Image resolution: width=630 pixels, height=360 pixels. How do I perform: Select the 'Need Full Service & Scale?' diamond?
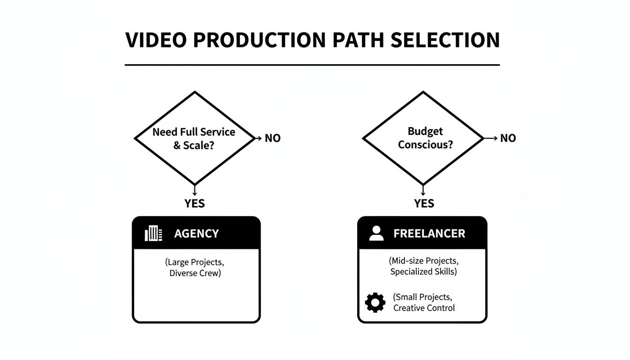[x=194, y=138]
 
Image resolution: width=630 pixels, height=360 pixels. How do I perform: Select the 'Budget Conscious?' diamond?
[x=423, y=138]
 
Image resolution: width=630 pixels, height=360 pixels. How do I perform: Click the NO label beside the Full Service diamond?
[x=273, y=138]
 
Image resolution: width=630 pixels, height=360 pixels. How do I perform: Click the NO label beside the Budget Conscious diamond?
[x=508, y=138]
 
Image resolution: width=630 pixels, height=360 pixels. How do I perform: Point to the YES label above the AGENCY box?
[x=194, y=203]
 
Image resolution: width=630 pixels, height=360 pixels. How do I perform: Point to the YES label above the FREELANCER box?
[x=424, y=203]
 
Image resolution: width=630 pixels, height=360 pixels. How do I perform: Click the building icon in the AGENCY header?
[x=153, y=233]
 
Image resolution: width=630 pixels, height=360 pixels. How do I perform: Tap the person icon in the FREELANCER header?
[x=376, y=233]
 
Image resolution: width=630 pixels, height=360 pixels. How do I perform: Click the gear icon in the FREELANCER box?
[x=375, y=303]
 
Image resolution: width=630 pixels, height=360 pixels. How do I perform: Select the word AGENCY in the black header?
[x=196, y=233]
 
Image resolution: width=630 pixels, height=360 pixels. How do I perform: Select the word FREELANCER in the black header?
[x=429, y=233]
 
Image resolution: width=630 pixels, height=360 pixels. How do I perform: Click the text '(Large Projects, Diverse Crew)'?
[x=195, y=267]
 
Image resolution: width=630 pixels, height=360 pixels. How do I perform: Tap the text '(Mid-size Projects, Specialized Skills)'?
[x=423, y=266]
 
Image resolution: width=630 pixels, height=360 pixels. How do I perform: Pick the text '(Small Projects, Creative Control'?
[x=423, y=302]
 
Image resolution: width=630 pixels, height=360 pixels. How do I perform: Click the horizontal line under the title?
[x=312, y=65]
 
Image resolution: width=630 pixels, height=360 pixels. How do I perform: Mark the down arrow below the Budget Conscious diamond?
[x=423, y=190]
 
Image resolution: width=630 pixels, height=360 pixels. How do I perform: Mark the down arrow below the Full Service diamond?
[x=194, y=190]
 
